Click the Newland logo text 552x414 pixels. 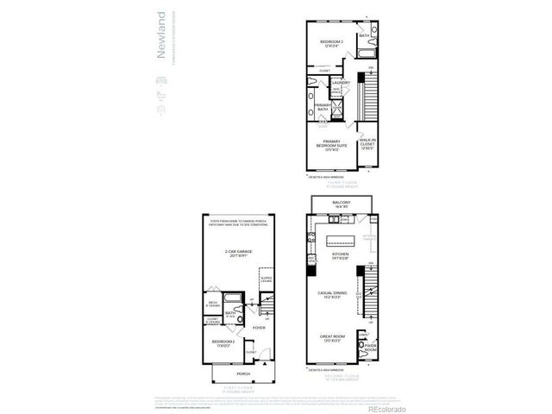coord(160,43)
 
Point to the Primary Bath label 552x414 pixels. coord(323,106)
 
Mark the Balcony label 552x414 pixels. coord(340,205)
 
